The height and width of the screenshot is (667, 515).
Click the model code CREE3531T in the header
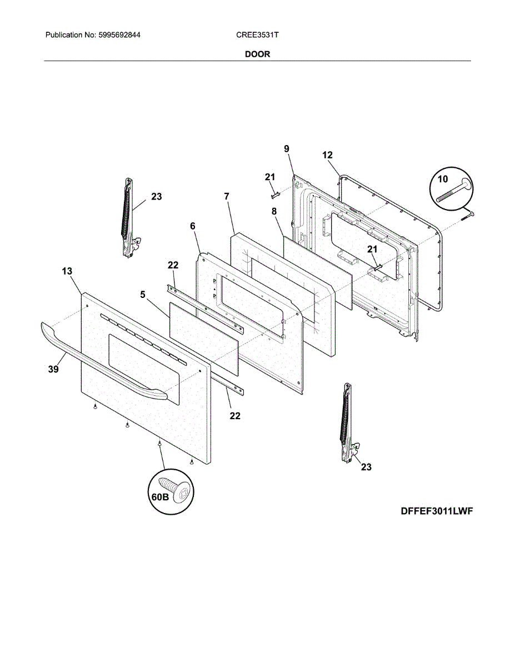coord(257,35)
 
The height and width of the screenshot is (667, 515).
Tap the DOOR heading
coord(257,54)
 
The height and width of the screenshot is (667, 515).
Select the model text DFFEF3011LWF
coord(437,511)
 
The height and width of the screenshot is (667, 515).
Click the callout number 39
coord(53,369)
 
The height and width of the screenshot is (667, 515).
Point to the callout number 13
coord(67,271)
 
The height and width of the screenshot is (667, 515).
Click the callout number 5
coord(143,295)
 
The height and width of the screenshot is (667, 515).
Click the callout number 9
coord(287,148)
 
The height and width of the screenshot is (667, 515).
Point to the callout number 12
coord(327,155)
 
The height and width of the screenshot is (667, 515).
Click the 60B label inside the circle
coord(159,497)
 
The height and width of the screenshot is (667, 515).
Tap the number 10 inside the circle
coord(442,179)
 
